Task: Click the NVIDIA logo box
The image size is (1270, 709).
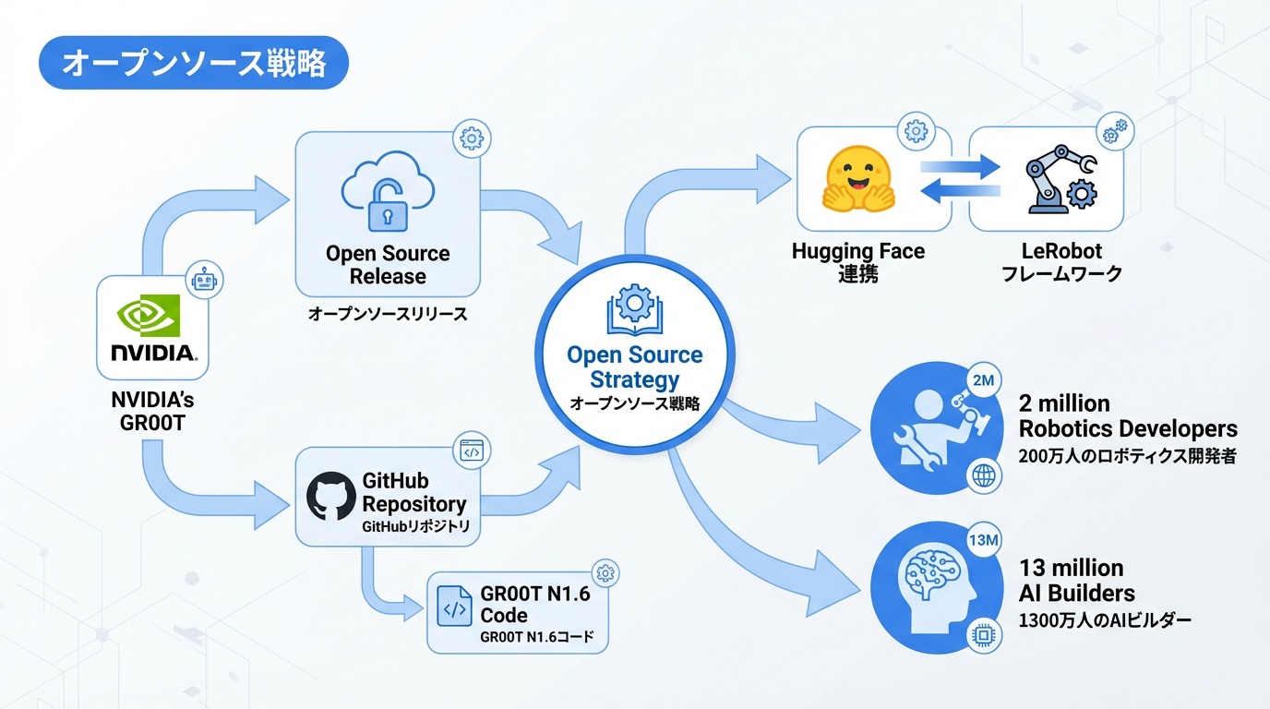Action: point(152,329)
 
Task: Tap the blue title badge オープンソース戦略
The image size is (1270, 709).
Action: point(194,63)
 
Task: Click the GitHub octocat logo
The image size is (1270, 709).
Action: point(330,496)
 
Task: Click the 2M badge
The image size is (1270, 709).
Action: point(983,379)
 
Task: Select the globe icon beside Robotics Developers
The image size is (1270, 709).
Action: point(983,476)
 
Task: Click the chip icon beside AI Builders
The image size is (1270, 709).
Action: point(983,636)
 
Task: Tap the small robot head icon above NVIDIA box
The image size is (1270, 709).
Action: point(204,278)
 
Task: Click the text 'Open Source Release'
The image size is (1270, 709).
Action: point(388,265)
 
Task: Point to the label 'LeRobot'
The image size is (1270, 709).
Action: point(1061,251)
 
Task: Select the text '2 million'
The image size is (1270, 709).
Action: point(1064,403)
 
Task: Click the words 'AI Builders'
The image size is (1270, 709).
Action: point(1076,593)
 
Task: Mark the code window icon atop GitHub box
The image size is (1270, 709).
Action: point(472,451)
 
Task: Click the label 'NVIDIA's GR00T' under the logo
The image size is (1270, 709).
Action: point(152,413)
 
